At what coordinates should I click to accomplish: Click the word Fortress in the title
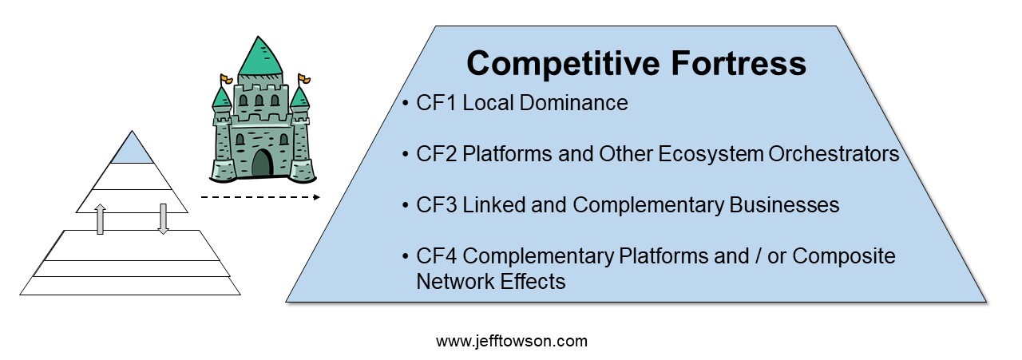point(739,63)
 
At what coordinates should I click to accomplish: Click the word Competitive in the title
point(563,64)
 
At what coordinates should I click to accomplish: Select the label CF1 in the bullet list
point(436,103)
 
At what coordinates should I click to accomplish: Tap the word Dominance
point(573,103)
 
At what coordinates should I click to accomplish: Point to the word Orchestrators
point(834,154)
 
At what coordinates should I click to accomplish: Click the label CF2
point(436,154)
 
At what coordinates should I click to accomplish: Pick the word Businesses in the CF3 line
point(784,205)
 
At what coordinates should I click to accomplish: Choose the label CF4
point(436,256)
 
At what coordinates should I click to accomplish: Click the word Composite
point(844,257)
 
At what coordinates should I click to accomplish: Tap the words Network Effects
point(491,281)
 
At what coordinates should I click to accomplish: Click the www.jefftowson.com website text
point(512,342)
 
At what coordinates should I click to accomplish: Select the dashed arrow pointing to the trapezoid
point(260,197)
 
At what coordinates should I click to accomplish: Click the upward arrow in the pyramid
point(100,219)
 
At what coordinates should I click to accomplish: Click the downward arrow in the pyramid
point(163,219)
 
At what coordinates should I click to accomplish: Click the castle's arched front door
point(263,164)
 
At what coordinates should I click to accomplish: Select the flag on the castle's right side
point(304,80)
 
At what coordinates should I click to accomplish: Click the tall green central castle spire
point(260,56)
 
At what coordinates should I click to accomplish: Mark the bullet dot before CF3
point(405,205)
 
